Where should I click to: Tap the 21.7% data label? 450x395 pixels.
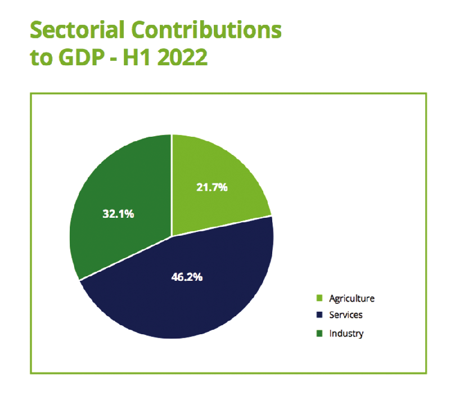212,187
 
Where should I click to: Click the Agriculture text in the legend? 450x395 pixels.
352,298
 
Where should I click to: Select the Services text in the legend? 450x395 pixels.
346,315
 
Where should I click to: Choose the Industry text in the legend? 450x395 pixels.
346,333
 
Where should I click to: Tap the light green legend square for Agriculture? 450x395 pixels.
319,298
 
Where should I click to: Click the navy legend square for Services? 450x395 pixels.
319,315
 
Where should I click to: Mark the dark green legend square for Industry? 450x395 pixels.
319,333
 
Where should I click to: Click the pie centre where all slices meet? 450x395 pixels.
171,236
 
